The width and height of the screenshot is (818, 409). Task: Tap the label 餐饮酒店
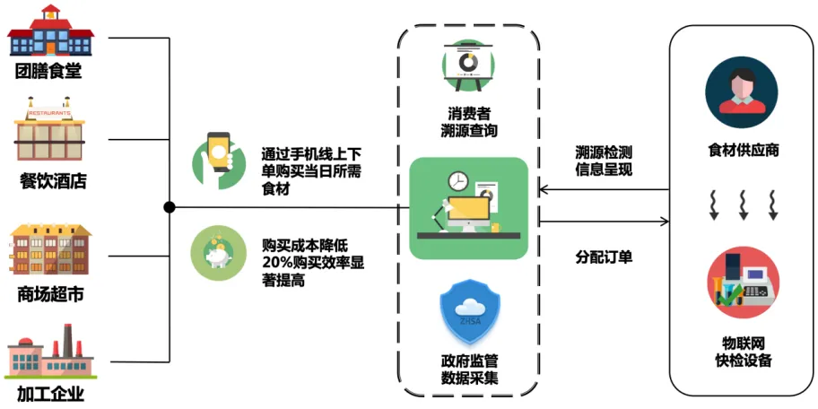click(x=53, y=182)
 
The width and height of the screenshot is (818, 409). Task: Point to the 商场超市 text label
click(x=50, y=293)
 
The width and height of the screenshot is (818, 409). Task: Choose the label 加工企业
click(x=50, y=392)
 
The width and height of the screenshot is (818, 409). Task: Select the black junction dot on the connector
click(x=170, y=208)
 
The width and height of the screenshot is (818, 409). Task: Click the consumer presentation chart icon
click(x=468, y=65)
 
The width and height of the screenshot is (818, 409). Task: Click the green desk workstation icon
click(x=468, y=207)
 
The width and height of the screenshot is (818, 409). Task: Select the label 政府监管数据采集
click(x=468, y=369)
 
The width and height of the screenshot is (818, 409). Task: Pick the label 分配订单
click(x=604, y=257)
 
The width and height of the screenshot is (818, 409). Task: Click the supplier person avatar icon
click(x=742, y=91)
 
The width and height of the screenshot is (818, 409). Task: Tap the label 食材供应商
click(x=743, y=150)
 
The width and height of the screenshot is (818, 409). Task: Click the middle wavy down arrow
click(x=743, y=204)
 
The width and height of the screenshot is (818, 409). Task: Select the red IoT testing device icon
click(x=743, y=283)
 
